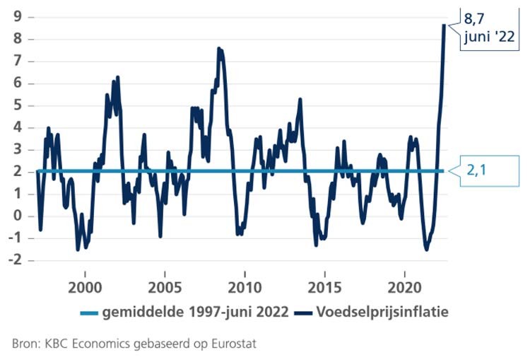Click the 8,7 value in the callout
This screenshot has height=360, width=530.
pos(477,16)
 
